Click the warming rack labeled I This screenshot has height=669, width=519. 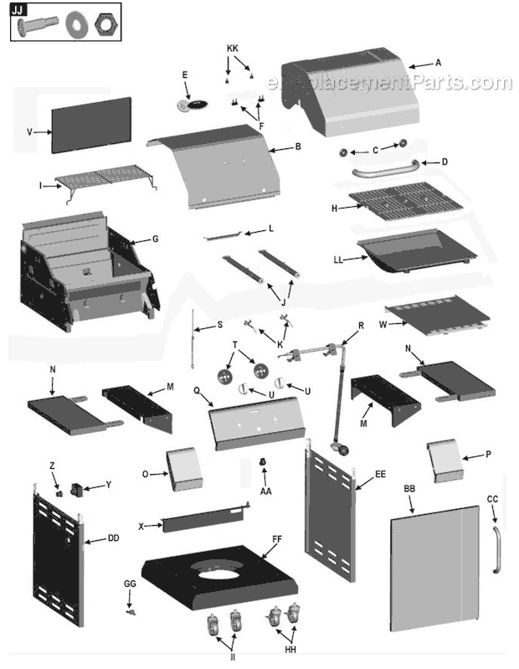[x=105, y=179]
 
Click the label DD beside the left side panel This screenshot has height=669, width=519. [x=113, y=539]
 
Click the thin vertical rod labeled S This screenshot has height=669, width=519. [x=194, y=340]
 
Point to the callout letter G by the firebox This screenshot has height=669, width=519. [x=155, y=239]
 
